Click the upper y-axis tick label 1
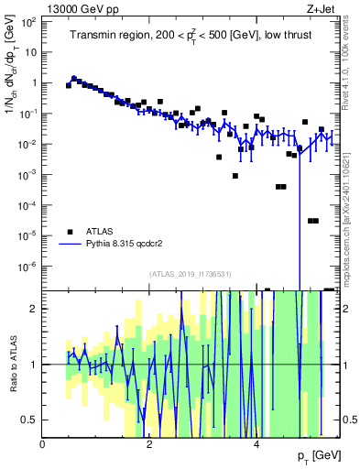[x=34, y=82]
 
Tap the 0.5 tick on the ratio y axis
[x=30, y=420]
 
